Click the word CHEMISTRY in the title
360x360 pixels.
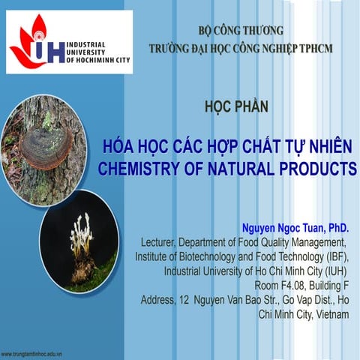[x=142, y=168]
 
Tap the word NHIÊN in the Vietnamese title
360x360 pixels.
[x=328, y=145]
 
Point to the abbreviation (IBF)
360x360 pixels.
[x=334, y=256]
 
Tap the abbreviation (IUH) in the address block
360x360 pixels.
[x=334, y=271]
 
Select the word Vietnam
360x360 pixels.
[x=331, y=313]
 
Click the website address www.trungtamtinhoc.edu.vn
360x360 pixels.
[x=31, y=352]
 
